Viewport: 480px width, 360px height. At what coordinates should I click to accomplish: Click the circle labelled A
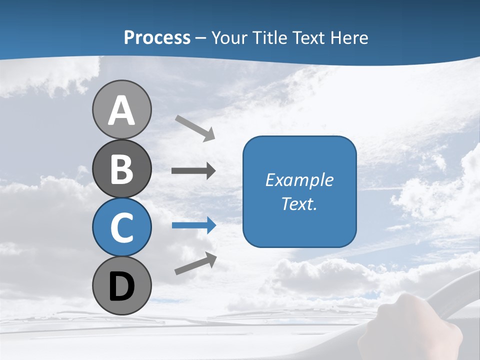(121, 109)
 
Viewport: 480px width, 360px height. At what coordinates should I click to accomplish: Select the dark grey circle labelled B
(121, 168)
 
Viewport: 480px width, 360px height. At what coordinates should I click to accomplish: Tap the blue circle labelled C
(121, 227)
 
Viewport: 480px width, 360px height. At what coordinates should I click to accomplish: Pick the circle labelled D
(121, 285)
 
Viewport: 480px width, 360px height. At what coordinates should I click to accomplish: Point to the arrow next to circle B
(193, 171)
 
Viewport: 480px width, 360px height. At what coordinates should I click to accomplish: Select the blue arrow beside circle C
(194, 225)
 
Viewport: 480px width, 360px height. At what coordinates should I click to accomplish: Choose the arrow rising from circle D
(195, 263)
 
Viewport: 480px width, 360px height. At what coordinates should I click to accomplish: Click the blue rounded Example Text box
(299, 220)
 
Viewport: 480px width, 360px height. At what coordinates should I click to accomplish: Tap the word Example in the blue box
(299, 180)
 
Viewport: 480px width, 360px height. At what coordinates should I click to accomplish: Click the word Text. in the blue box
(299, 203)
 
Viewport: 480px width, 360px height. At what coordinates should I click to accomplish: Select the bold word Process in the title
(157, 37)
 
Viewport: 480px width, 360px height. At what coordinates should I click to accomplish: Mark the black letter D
(121, 287)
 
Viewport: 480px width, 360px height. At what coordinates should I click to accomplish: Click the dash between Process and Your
(201, 38)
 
